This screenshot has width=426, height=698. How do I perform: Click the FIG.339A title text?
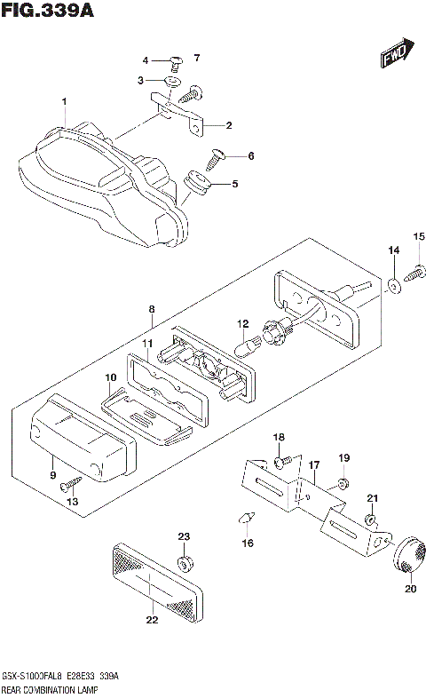tap(47, 12)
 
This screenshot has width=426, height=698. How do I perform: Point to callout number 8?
tap(152, 310)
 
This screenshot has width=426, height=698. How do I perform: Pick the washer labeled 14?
tap(390, 286)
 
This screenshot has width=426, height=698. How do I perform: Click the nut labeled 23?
tap(184, 565)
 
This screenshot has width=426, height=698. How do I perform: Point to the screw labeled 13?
tap(70, 486)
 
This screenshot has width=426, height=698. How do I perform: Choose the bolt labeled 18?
tap(280, 461)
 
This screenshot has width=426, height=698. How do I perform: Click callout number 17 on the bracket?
tap(313, 464)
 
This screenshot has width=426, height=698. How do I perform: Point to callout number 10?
tap(111, 377)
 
